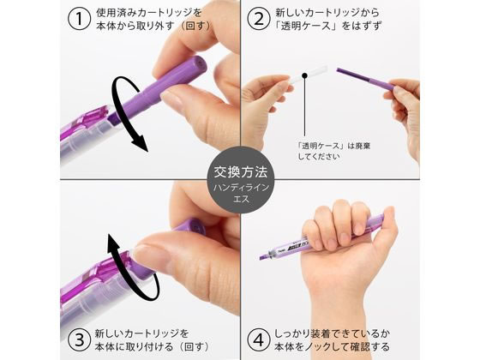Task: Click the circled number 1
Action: click(x=79, y=19)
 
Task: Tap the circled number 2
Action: click(x=259, y=19)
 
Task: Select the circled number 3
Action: click(x=79, y=340)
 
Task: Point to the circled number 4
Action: click(x=259, y=340)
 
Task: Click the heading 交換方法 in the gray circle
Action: click(x=240, y=172)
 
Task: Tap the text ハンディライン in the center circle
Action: click(x=241, y=188)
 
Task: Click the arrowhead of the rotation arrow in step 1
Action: click(x=141, y=144)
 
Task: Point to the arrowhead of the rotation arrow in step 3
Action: click(x=114, y=242)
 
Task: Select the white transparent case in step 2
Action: click(x=308, y=74)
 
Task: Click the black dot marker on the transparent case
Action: click(x=304, y=75)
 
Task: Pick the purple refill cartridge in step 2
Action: click(x=365, y=79)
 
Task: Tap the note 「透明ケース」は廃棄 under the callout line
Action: click(x=334, y=146)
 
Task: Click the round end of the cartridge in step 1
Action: click(x=199, y=64)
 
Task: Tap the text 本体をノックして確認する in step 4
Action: click(x=332, y=347)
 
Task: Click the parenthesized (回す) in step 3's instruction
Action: click(x=195, y=347)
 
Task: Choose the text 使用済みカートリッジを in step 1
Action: click(x=149, y=13)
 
